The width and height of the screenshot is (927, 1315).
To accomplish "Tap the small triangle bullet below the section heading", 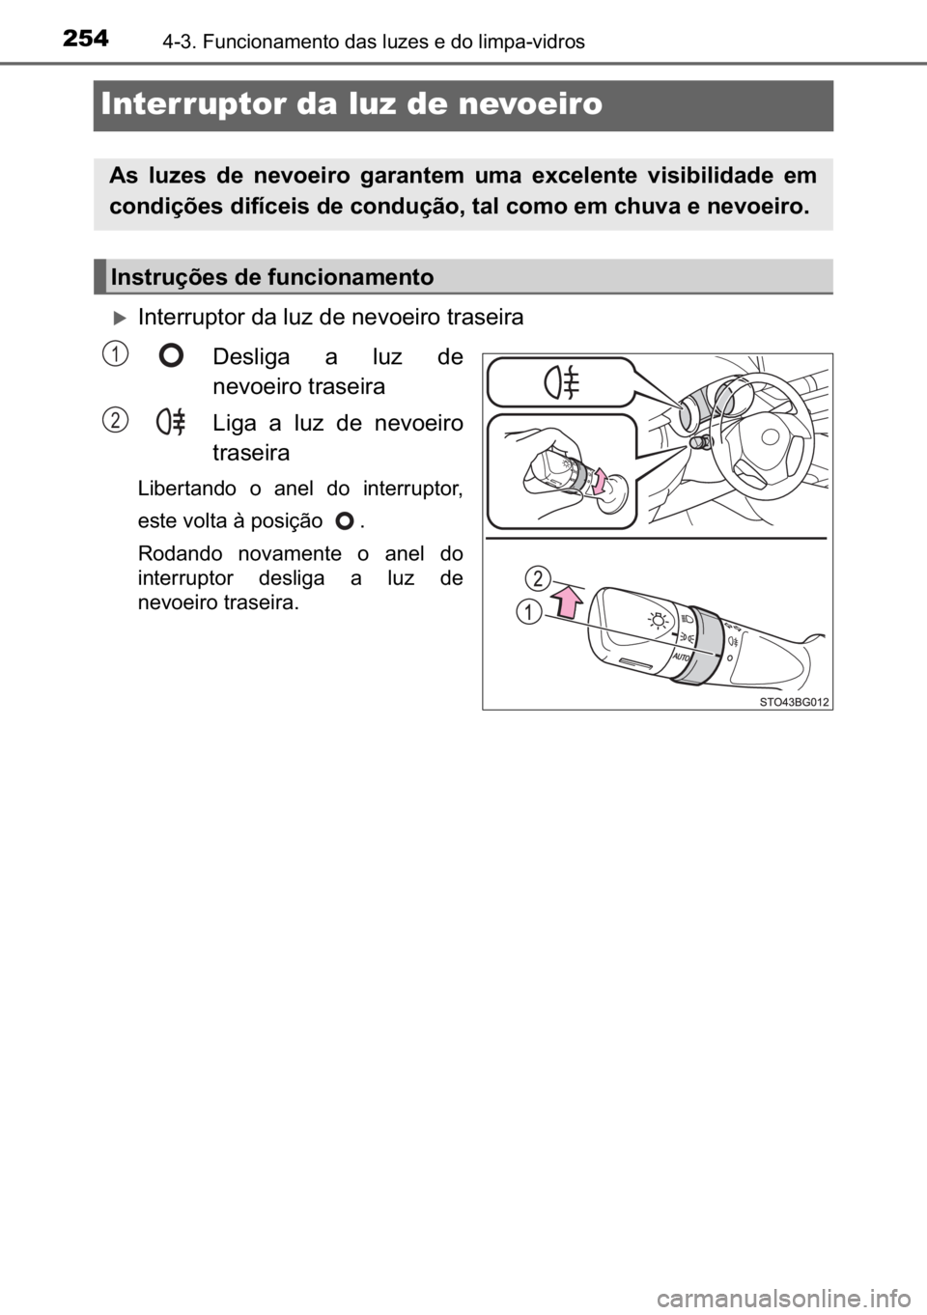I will pyautogui.click(x=120, y=317).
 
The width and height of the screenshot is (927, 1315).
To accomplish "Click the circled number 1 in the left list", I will pyautogui.click(x=115, y=356).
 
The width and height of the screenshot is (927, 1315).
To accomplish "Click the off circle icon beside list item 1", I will pyautogui.click(x=171, y=356).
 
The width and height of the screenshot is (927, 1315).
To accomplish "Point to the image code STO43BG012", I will pyautogui.click(x=793, y=701).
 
